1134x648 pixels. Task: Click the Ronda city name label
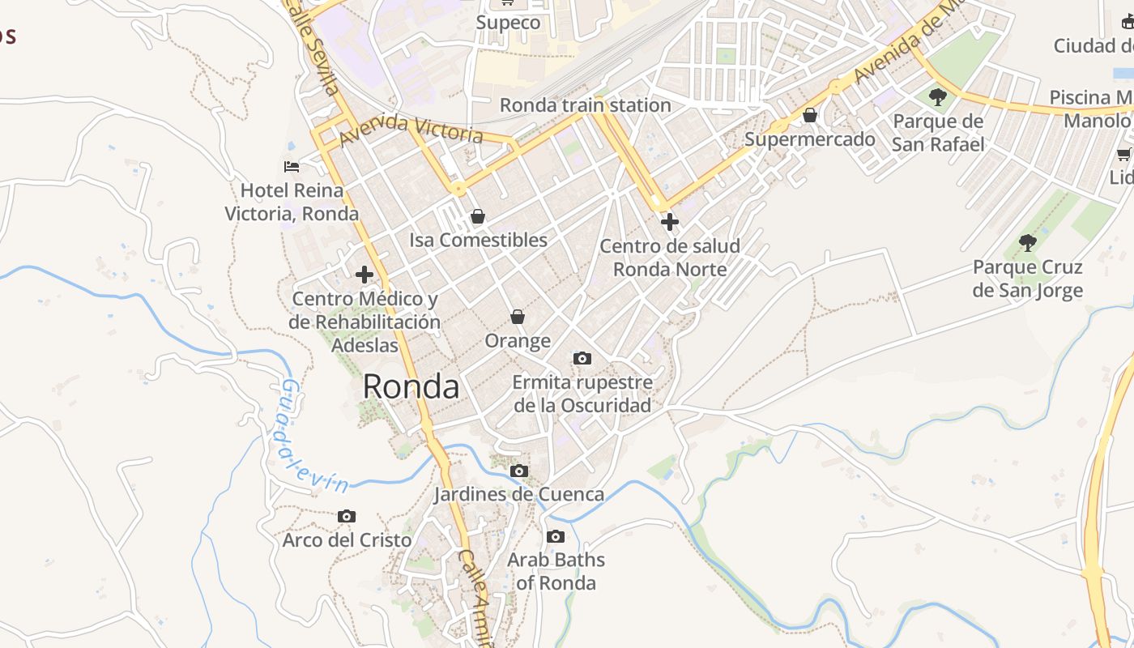(411, 386)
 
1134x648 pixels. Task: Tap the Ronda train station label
(585, 105)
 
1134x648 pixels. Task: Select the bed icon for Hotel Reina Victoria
(292, 167)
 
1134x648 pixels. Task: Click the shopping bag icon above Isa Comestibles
(478, 216)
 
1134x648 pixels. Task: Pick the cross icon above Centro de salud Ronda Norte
(669, 221)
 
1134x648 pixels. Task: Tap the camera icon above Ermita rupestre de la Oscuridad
(582, 358)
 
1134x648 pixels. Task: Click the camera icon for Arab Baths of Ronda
(556, 536)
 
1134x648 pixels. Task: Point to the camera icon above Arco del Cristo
(347, 516)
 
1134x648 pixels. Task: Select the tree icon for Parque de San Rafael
(938, 97)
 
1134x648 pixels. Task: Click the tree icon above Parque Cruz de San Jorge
(1027, 242)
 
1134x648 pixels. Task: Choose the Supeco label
(508, 23)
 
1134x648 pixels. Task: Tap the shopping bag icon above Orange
(518, 317)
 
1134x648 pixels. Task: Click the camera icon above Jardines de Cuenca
(519, 471)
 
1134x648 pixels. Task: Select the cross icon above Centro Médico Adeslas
(364, 274)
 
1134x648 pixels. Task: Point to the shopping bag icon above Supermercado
(809, 115)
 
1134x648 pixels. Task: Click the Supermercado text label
(809, 139)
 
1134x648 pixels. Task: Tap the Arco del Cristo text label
(347, 539)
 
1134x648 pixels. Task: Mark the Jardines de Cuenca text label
(518, 494)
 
